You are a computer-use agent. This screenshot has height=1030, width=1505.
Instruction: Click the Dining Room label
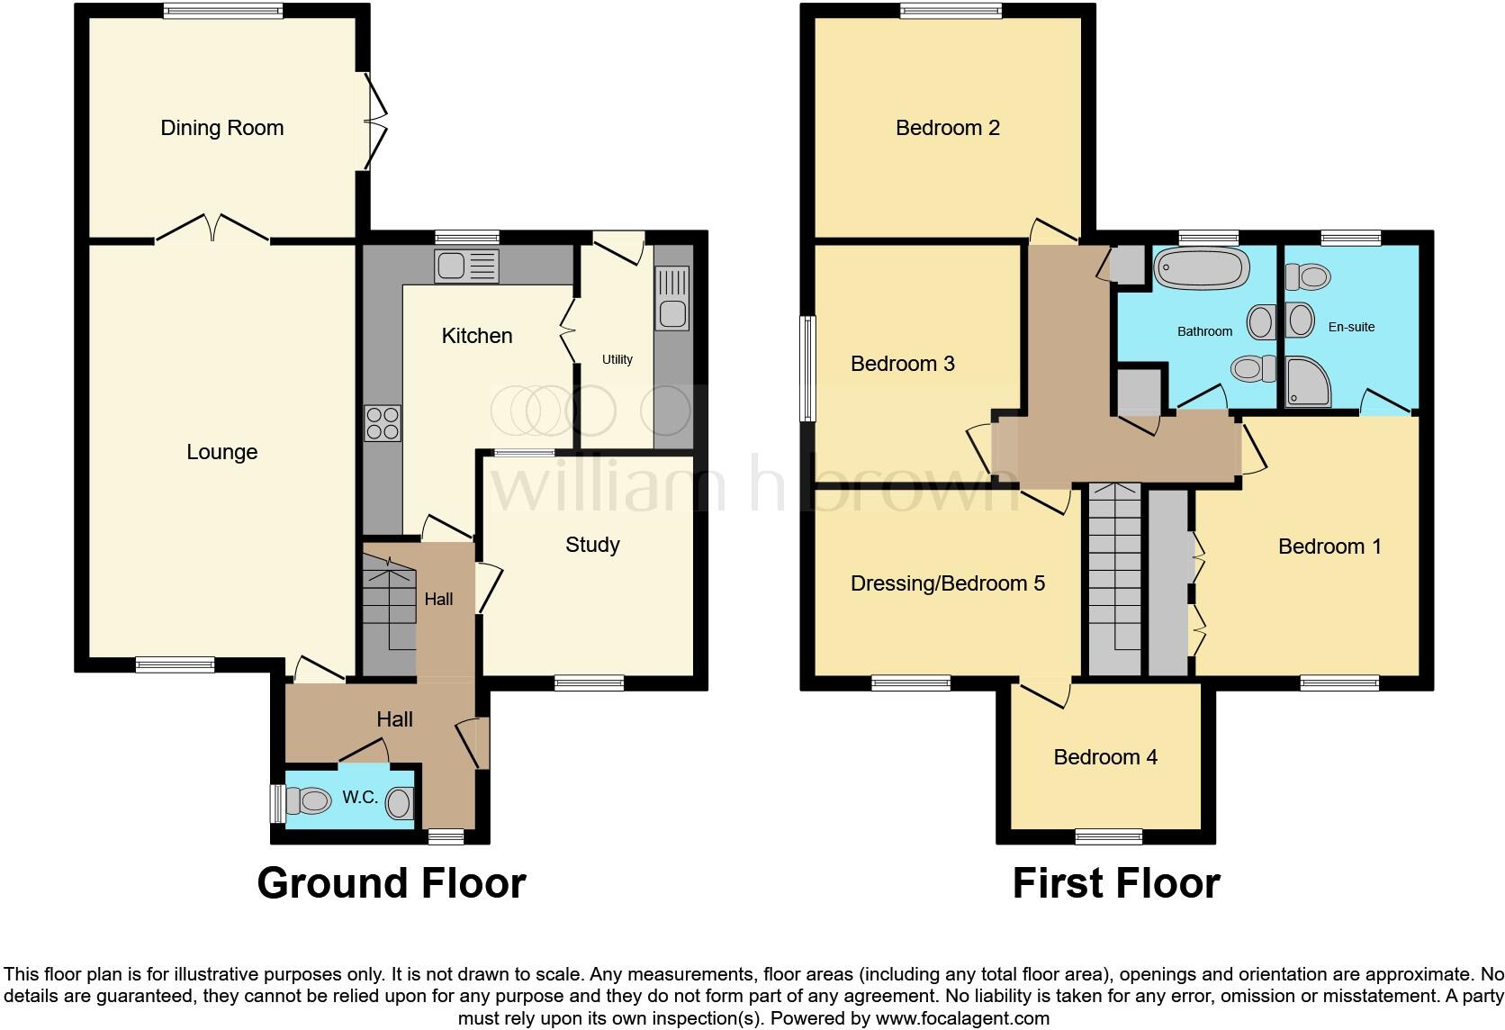tap(221, 128)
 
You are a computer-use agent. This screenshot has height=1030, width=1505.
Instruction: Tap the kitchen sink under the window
tap(465, 265)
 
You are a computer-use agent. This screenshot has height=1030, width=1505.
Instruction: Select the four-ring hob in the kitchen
tap(382, 423)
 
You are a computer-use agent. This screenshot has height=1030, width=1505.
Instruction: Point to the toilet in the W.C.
tap(308, 800)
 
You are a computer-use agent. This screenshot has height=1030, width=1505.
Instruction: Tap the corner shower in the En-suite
tap(1308, 383)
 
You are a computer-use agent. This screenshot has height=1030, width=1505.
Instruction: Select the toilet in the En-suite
tap(1308, 276)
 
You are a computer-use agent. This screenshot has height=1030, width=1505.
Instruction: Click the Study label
tap(592, 545)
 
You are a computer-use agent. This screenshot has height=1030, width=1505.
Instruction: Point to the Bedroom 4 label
tap(1105, 757)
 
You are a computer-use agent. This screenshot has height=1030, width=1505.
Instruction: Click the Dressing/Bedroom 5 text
tap(947, 583)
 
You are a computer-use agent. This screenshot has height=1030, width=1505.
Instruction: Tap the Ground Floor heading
tap(391, 883)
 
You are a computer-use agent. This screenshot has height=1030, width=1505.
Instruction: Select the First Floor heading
tap(1115, 883)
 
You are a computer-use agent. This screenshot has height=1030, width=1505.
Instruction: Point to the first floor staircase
tap(1114, 576)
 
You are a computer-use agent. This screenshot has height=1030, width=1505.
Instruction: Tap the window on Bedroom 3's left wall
tap(808, 368)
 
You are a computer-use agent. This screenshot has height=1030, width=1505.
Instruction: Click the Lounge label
tap(221, 452)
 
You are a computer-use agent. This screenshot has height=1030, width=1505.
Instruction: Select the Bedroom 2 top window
tap(951, 11)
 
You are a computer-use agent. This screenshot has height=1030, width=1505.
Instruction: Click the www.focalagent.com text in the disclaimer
tap(962, 1018)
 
